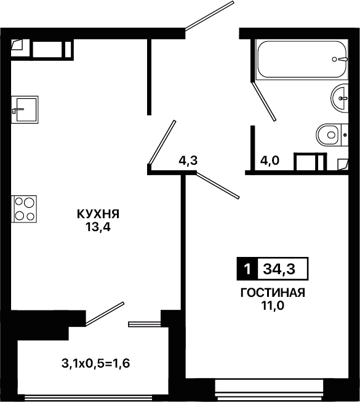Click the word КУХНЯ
(x=98, y=214)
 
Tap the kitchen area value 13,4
(x=98, y=227)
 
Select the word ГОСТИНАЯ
(x=273, y=293)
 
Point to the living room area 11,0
(x=273, y=305)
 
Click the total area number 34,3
(x=279, y=269)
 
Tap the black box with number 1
(x=247, y=269)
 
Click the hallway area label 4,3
(x=188, y=160)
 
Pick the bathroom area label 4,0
(x=270, y=161)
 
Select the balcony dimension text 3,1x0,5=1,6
(x=96, y=363)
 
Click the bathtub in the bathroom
(x=302, y=60)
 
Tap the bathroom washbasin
(x=340, y=98)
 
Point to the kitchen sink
(x=25, y=110)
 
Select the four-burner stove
(x=24, y=209)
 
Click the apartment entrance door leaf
(x=209, y=16)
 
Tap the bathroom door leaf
(x=264, y=101)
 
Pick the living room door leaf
(x=218, y=186)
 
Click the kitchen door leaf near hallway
(x=162, y=143)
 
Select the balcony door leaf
(x=105, y=314)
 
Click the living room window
(x=269, y=390)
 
